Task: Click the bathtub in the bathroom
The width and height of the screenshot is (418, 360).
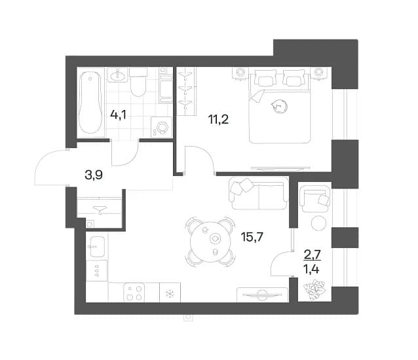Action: pyautogui.click(x=91, y=103)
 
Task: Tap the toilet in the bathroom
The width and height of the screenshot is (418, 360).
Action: pyautogui.click(x=139, y=82)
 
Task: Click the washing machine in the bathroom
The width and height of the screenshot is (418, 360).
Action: pyautogui.click(x=161, y=127)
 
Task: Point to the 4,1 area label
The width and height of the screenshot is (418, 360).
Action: pyautogui.click(x=118, y=116)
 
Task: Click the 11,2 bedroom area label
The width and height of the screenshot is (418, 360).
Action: pyautogui.click(x=219, y=120)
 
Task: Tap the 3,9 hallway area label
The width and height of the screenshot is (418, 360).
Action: pyautogui.click(x=94, y=175)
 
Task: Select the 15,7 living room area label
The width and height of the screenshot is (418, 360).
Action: pyautogui.click(x=252, y=236)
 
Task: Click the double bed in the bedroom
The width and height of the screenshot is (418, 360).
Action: pyautogui.click(x=280, y=106)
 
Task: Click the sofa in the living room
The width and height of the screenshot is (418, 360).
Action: pyautogui.click(x=259, y=193)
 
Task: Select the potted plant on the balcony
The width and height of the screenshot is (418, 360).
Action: pyautogui.click(x=314, y=289)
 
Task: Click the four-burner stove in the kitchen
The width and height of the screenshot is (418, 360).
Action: pyautogui.click(x=134, y=293)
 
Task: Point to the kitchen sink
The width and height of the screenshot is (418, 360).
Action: pyautogui.click(x=97, y=247)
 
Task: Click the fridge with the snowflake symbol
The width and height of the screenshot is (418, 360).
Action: pyautogui.click(x=170, y=293)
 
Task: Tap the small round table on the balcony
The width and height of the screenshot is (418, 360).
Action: pyautogui.click(x=318, y=223)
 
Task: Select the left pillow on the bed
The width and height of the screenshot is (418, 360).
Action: pyautogui.click(x=265, y=77)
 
